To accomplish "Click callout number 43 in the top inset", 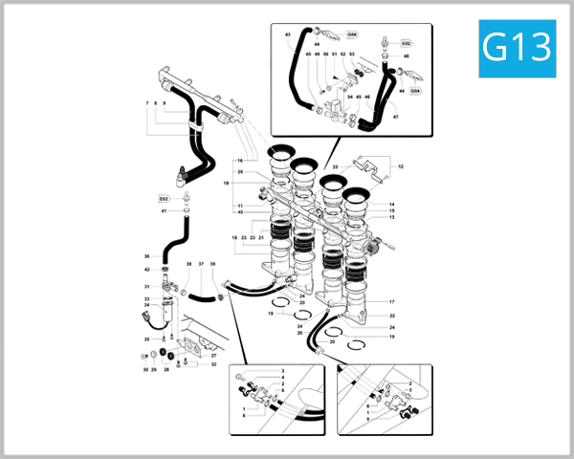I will tap(288, 34).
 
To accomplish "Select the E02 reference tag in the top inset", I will tap(406, 44).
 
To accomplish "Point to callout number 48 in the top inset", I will tap(407, 56).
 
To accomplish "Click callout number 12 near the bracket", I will tap(401, 166).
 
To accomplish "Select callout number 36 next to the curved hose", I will tap(147, 256).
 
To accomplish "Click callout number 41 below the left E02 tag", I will tap(164, 210).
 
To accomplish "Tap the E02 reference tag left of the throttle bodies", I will tap(164, 198).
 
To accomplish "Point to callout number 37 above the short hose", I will tap(201, 263).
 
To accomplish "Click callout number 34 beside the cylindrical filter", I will tap(147, 305).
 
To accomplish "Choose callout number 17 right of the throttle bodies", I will tap(391, 301).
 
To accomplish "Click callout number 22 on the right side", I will tap(391, 315).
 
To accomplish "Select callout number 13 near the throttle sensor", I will tap(391, 217).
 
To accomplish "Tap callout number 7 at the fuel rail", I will tap(147, 102).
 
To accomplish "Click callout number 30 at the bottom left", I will tap(145, 369).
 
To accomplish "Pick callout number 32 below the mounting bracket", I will tap(213, 364).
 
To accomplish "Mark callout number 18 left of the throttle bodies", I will tap(233, 237).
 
